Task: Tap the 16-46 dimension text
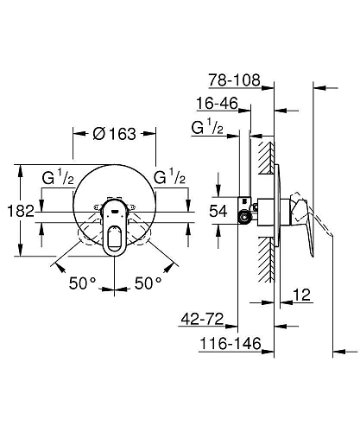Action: [217, 105]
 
